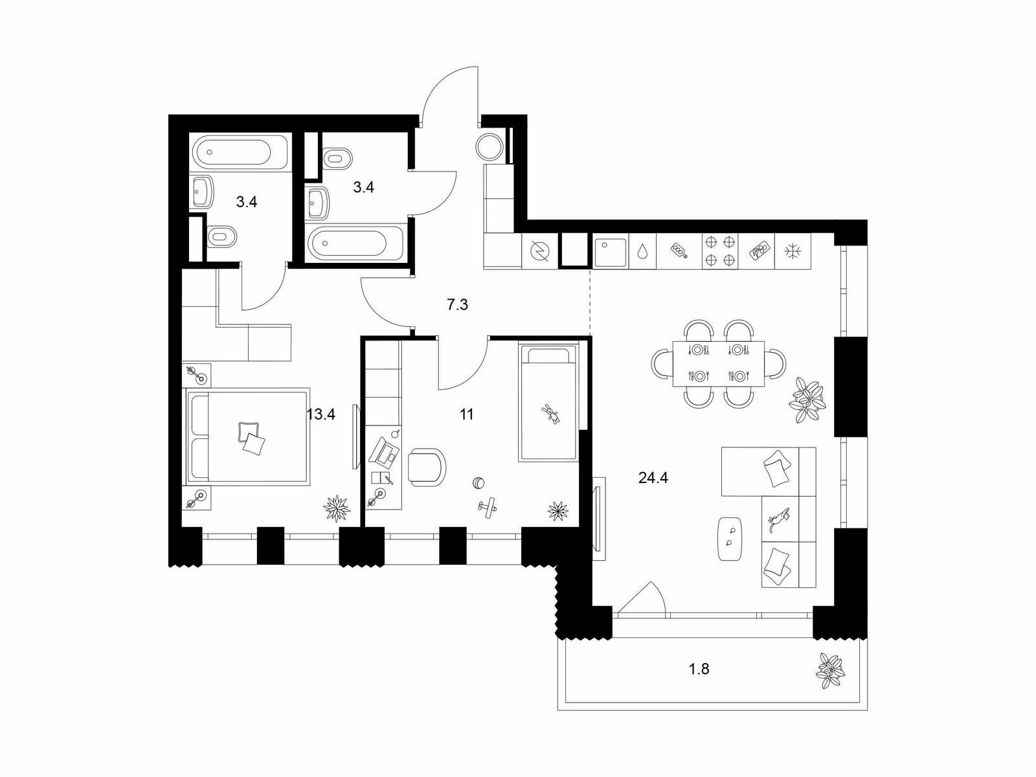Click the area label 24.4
tap(653, 479)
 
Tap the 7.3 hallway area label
tap(457, 305)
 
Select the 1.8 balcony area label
tap(699, 669)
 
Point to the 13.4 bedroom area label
tap(321, 414)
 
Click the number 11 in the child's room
tap(466, 414)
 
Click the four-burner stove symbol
tap(720, 251)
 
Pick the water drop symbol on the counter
tap(642, 252)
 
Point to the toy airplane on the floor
tap(488, 507)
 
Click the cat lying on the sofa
tap(778, 521)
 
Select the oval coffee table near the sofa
tap(731, 539)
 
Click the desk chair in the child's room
tap(427, 467)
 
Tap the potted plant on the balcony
tap(829, 671)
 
